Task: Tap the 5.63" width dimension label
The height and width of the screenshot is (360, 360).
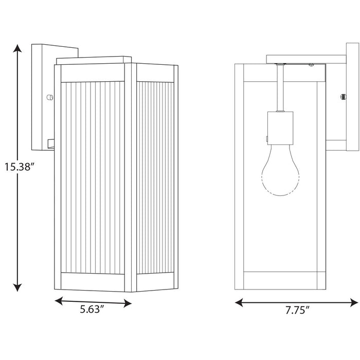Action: click(x=93, y=311)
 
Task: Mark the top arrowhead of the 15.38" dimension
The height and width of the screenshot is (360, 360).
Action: click(x=18, y=49)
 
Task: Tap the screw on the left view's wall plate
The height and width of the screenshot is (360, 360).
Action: click(x=49, y=97)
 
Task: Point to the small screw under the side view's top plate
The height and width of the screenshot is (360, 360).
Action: click(x=311, y=65)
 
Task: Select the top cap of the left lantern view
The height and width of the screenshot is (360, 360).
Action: click(x=93, y=61)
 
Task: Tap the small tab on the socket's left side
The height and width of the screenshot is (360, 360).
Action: click(x=267, y=137)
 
